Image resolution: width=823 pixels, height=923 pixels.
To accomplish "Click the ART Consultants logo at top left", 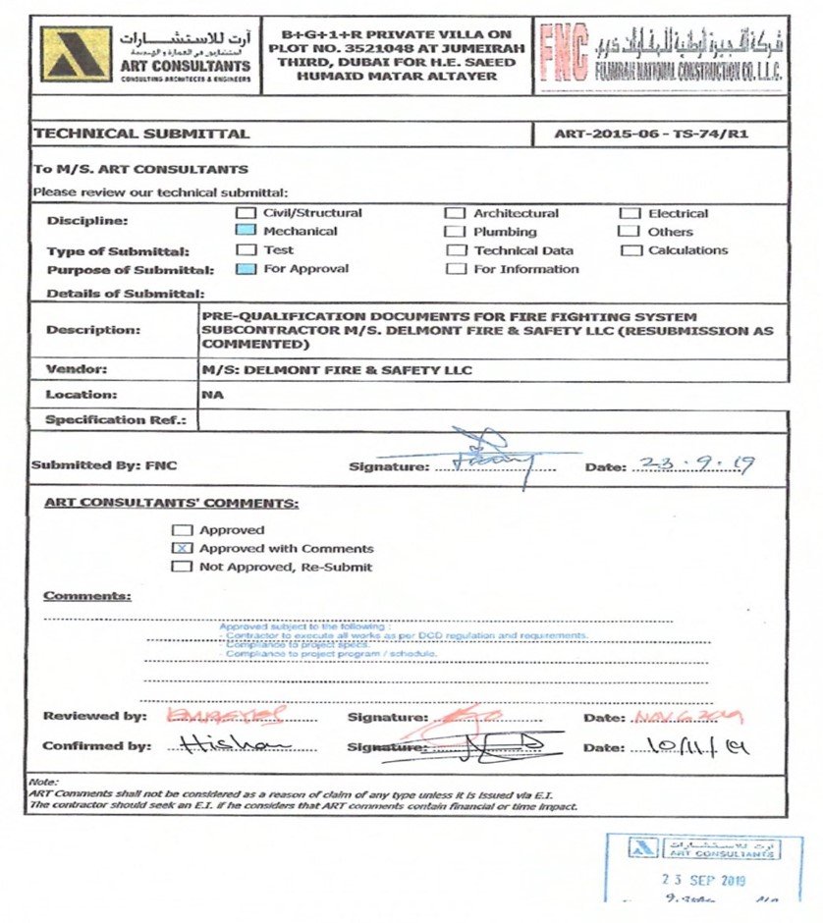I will point(75,56).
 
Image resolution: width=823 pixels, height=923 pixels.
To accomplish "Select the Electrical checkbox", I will point(629,213).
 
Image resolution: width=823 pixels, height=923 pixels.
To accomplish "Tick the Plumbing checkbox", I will point(455,232).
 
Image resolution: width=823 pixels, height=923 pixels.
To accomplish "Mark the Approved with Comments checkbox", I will point(182,548).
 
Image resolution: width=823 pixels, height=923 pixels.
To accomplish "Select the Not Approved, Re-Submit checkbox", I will point(182,567).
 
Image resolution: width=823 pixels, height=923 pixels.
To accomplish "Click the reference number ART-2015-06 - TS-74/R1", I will point(651,134).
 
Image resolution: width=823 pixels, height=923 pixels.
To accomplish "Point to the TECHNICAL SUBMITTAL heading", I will point(141,134).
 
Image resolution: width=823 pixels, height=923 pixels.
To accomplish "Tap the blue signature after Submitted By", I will point(486,457).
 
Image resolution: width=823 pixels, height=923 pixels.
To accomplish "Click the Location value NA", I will point(211,395).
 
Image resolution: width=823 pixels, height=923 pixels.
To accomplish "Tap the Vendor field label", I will point(77,370).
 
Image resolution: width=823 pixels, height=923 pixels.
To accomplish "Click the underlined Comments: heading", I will point(86,596).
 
